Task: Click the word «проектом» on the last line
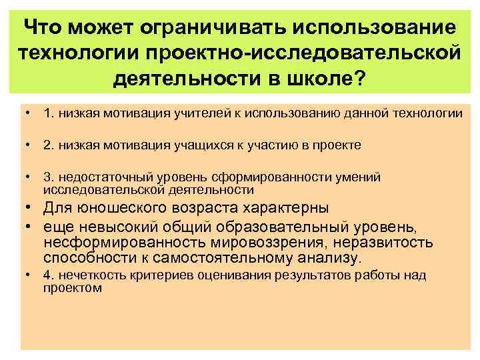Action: (x=73, y=288)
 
